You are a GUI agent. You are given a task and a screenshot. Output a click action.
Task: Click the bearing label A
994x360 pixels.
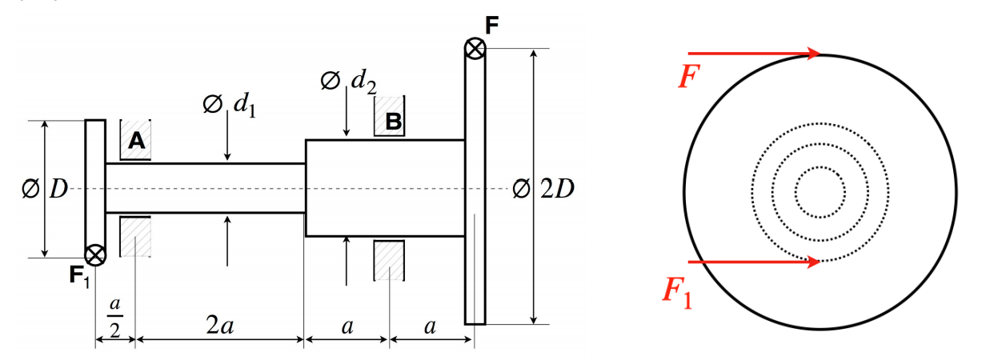[137, 141]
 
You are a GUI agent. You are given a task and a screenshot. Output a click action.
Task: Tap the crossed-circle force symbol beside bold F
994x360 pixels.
[475, 49]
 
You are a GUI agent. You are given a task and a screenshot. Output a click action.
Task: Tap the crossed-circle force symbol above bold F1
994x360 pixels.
[95, 255]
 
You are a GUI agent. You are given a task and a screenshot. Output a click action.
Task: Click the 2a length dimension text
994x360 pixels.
[218, 325]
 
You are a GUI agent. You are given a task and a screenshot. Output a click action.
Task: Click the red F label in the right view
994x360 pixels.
[687, 77]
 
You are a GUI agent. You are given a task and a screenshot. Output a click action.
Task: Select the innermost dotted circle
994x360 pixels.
[820, 192]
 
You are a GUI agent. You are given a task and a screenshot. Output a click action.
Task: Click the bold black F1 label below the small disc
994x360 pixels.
[78, 277]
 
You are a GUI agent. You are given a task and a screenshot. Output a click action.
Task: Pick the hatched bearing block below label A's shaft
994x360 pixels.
[135, 236]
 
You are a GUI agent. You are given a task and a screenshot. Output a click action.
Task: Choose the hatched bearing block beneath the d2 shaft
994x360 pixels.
[390, 260]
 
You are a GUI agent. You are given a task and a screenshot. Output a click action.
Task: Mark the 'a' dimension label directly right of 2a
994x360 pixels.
[347, 326]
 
